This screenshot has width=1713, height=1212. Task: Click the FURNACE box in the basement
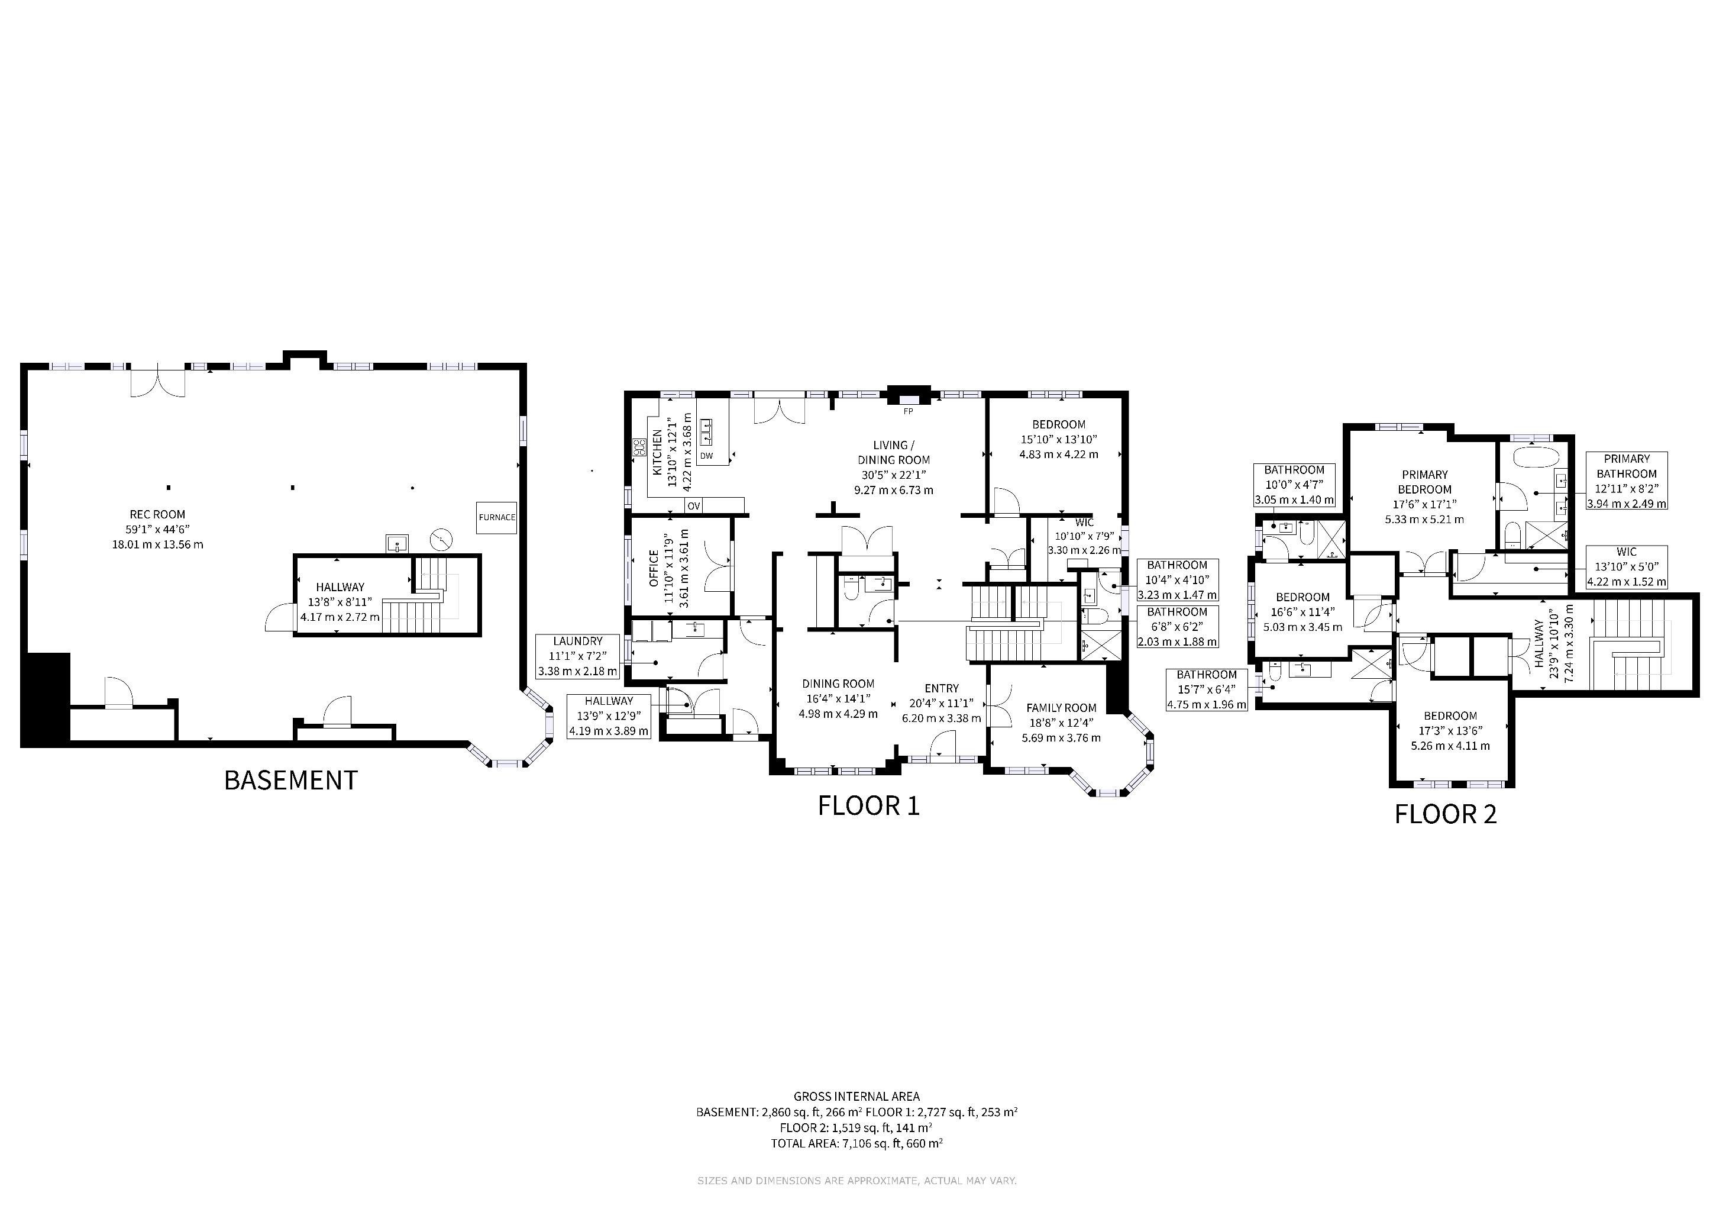497,517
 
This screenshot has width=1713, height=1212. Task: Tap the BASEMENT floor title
291,781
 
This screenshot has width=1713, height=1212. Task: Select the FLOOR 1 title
868,806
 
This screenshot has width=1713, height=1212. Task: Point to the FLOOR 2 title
1446,814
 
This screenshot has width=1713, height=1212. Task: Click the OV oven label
694,506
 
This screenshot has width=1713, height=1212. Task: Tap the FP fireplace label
908,411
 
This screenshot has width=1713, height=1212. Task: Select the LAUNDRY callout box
578,656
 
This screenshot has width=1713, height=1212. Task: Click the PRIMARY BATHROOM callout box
1627,481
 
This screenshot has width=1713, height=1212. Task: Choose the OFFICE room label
654,568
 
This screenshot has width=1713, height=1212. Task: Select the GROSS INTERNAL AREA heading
856,1097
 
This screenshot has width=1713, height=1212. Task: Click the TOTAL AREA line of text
856,1143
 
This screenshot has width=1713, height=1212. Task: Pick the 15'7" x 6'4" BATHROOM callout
1207,689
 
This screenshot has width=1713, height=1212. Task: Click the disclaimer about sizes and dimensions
856,1181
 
